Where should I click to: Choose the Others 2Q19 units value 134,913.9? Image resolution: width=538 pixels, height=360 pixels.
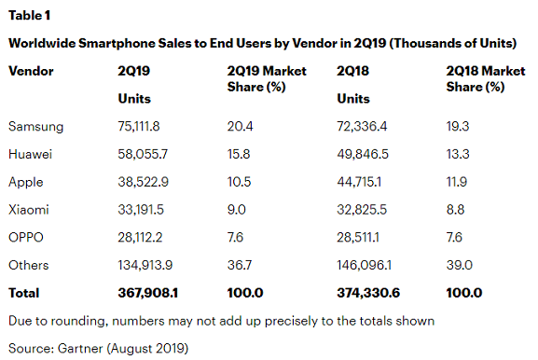148,265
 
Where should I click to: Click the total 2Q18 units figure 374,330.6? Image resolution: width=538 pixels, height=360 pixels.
370,293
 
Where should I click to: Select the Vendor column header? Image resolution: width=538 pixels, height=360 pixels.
31,71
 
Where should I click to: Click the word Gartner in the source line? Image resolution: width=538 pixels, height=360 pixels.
80,348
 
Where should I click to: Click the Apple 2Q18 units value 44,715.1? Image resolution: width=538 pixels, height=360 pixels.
365,181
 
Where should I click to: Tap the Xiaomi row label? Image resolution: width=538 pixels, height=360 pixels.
28,209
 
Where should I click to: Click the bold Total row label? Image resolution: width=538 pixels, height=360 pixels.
24,293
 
